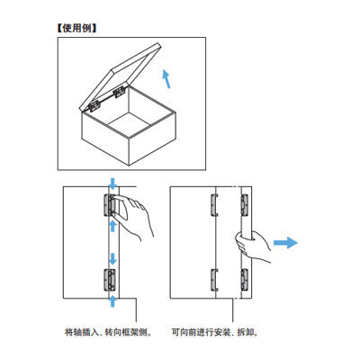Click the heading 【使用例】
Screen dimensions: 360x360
[76, 29]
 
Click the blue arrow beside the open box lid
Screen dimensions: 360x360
[166, 78]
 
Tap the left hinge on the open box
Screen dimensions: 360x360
[95, 105]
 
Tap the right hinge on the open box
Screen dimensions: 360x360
[119, 92]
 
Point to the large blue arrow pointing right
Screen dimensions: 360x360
[285, 242]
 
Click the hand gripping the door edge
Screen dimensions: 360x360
[251, 246]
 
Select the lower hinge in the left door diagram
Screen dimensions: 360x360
[109, 280]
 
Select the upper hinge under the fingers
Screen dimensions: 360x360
[109, 205]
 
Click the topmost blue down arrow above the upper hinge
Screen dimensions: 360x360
[112, 184]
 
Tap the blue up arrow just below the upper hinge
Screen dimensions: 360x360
[112, 226]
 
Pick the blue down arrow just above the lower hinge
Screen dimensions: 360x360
[112, 258]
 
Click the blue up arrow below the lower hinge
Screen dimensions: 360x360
[112, 301]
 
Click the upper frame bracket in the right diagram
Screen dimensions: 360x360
[213, 205]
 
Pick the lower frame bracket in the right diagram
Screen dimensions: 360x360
[213, 280]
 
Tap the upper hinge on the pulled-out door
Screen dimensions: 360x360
[245, 205]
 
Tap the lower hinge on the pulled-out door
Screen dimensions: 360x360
[245, 280]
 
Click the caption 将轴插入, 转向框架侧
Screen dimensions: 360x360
[107, 332]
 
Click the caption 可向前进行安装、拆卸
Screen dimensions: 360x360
[215, 332]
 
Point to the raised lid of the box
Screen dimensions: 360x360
[121, 77]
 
